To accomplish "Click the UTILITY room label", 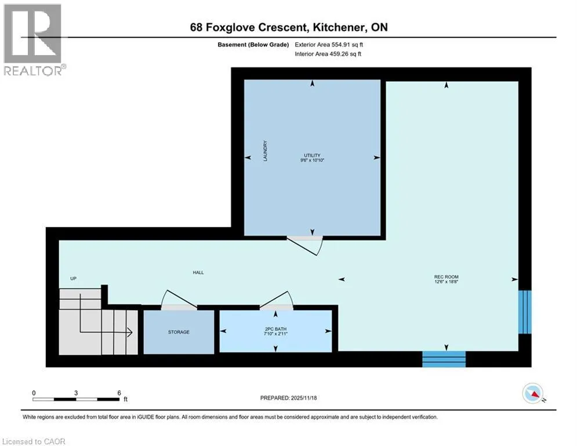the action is click(312, 156).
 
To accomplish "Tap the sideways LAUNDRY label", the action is click(265, 151).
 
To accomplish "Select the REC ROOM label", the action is click(447, 277).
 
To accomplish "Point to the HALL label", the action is click(198, 273).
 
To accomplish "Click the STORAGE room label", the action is click(179, 332).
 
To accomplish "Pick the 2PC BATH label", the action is click(275, 329).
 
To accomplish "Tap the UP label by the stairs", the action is click(73, 279).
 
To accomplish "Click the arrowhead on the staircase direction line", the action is click(130, 333).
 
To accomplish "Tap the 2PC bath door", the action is click(277, 301).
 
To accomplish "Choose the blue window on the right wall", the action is click(525, 312).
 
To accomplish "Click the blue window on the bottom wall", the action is click(444, 359).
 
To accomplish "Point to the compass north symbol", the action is click(533, 393).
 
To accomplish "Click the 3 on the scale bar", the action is click(76, 393).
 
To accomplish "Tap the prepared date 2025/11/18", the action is click(304, 398).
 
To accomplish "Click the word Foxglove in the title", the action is click(231, 28).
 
